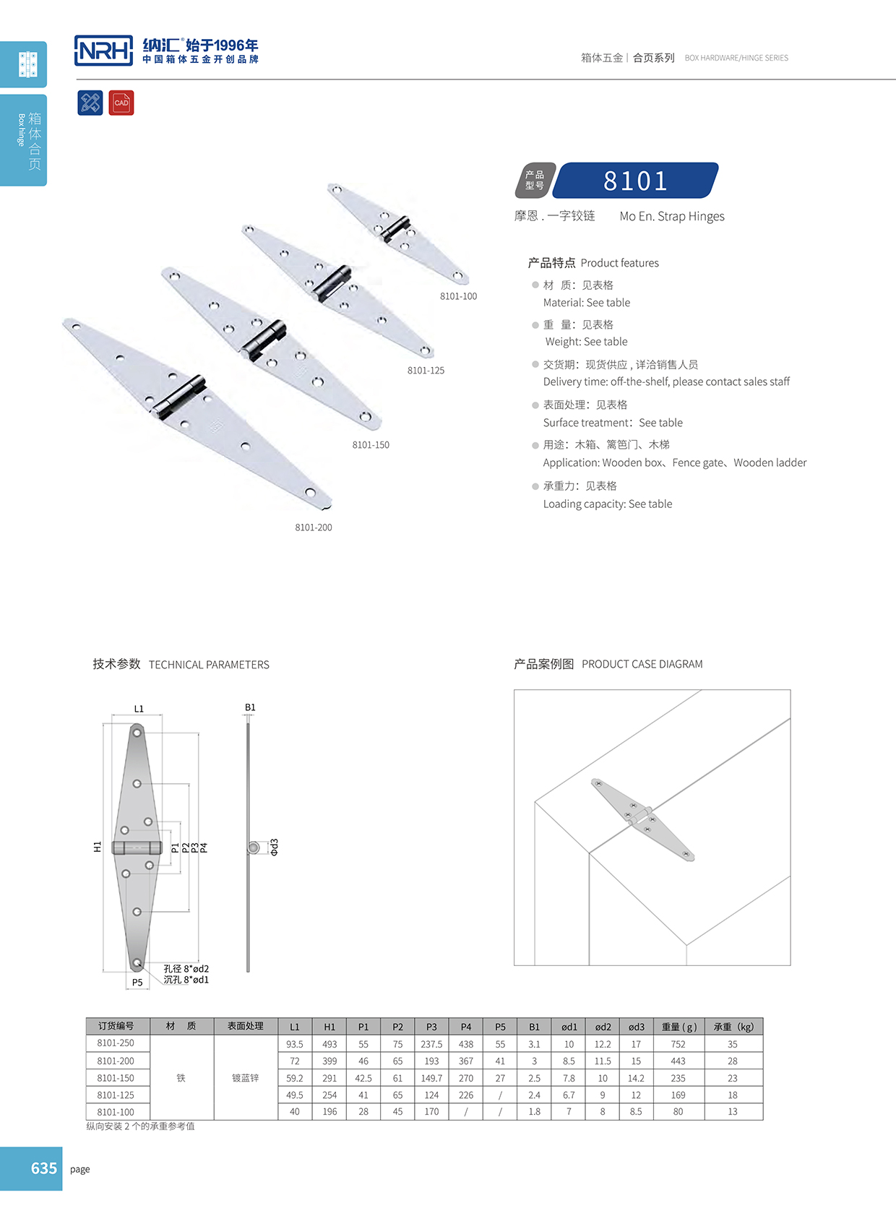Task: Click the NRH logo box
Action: tap(103, 51)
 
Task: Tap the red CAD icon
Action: tap(121, 103)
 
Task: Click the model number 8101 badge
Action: tap(635, 181)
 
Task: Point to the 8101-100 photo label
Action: tap(458, 296)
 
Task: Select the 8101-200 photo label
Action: tap(313, 527)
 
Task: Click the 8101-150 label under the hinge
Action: tap(371, 445)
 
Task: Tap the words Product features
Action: tap(619, 263)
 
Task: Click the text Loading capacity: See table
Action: tap(607, 504)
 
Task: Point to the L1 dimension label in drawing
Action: tap(139, 709)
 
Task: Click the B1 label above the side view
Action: tap(250, 707)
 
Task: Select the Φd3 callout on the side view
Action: tap(275, 848)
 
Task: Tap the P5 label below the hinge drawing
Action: tap(137, 982)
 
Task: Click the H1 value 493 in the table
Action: tap(329, 1044)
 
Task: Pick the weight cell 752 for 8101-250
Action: tap(678, 1044)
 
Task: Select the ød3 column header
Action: tap(636, 1027)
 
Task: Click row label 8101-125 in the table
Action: tap(116, 1095)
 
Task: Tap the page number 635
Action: tap(43, 1168)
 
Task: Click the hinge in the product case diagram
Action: tap(642, 819)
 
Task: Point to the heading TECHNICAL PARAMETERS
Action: tap(209, 665)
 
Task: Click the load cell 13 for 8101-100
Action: tap(732, 1112)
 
